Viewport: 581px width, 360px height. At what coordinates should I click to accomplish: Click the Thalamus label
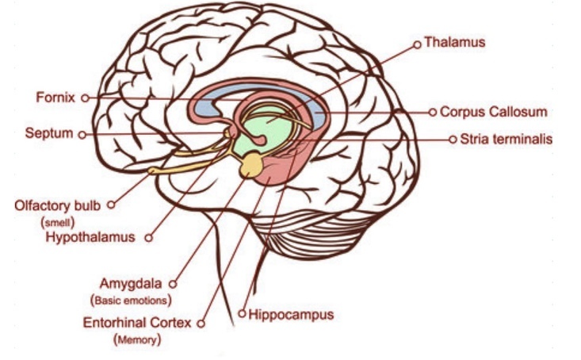pos(454,40)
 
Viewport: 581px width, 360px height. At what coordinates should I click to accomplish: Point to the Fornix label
pos(55,98)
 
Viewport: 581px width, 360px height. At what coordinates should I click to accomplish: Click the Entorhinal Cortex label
pos(139,324)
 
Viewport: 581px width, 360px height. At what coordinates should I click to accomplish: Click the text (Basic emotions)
pos(132,301)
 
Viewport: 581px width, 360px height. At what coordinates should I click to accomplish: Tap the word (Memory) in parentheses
pos(138,340)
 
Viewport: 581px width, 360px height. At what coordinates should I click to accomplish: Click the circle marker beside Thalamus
pos(417,44)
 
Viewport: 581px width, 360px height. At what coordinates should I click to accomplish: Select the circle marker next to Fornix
pos(85,98)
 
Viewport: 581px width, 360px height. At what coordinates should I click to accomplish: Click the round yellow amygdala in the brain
pos(252,163)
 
